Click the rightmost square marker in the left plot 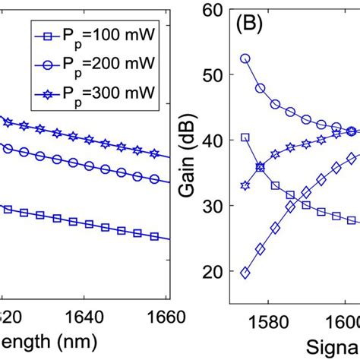tap(154, 237)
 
